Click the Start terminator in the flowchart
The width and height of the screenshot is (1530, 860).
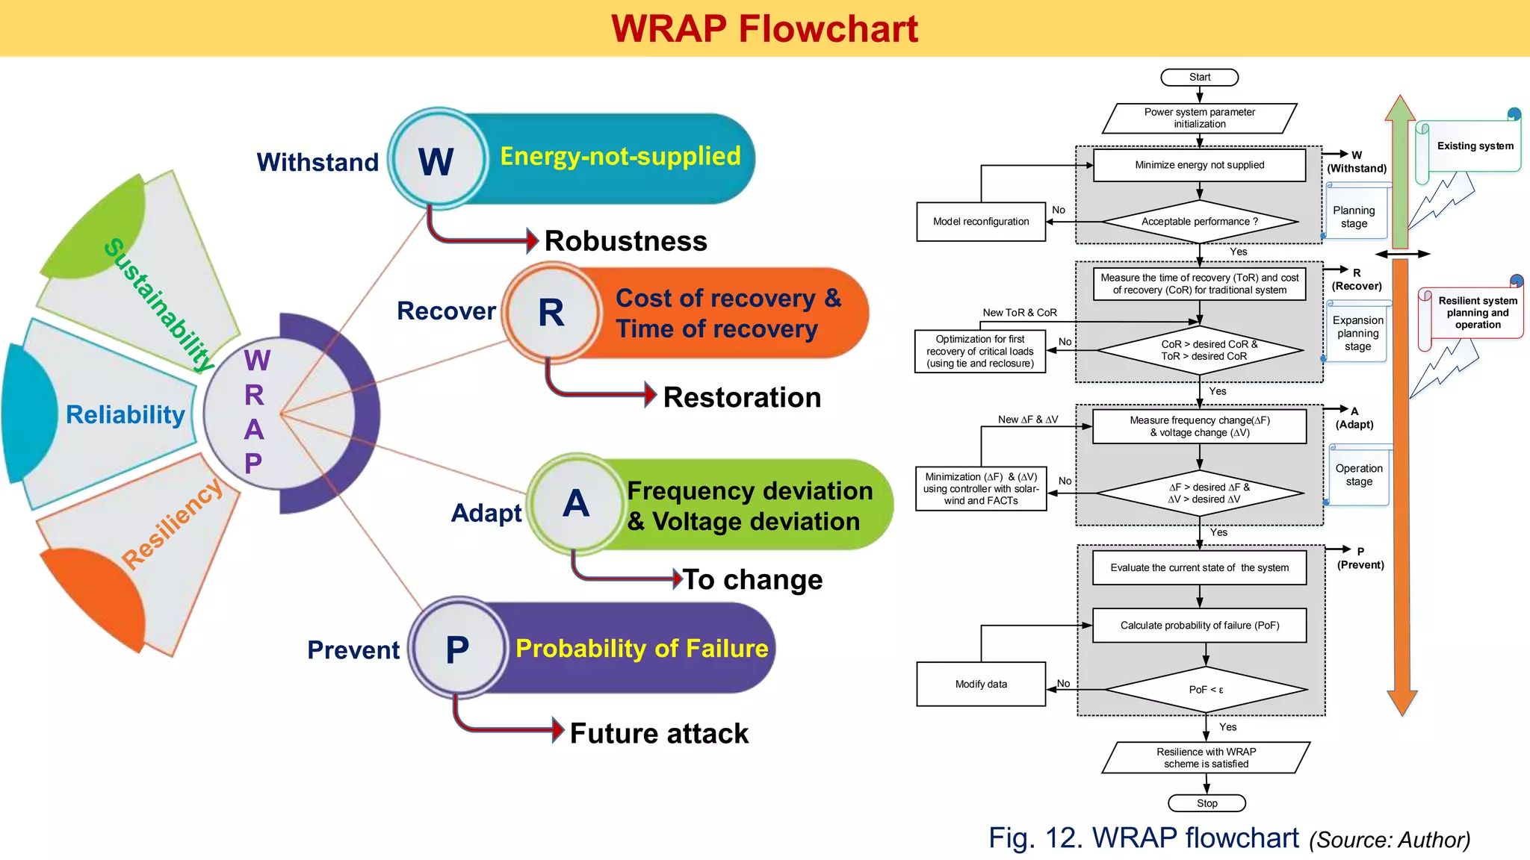[1199, 77]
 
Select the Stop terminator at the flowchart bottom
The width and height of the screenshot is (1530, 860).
[1207, 803]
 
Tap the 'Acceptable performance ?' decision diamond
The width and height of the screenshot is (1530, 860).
[1199, 222]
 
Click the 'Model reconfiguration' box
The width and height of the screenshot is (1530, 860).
[981, 222]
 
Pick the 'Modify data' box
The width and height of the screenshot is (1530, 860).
[981, 684]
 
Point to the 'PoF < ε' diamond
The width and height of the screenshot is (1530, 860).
[1206, 690]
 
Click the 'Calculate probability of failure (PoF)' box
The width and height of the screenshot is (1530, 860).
[1199, 626]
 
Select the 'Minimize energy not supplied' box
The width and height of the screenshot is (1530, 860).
[1199, 165]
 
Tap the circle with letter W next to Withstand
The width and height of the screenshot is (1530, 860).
[436, 161]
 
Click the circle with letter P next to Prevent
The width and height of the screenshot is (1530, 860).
[457, 649]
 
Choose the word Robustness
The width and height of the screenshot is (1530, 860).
[625, 241]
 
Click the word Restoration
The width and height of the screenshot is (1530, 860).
[742, 397]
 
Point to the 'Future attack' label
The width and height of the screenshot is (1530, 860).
[659, 733]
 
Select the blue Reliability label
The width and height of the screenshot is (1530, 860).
[126, 414]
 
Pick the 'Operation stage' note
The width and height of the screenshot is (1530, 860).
[1358, 475]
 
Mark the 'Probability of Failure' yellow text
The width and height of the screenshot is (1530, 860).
[642, 648]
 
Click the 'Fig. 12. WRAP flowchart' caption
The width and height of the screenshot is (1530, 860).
[1143, 838]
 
